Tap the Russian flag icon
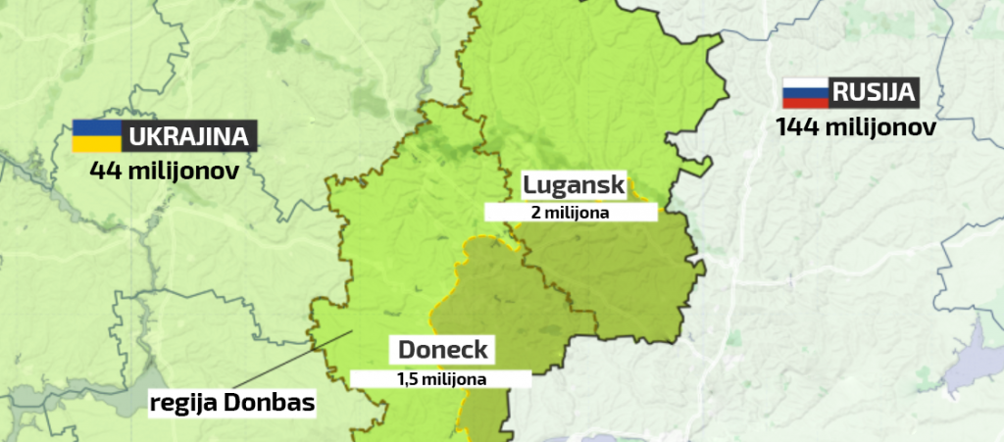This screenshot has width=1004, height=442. [805, 94]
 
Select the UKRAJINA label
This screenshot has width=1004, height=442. [187, 135]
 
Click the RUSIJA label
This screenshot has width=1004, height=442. [874, 94]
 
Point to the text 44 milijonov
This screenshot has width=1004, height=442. [165, 170]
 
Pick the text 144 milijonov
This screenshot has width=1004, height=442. [856, 127]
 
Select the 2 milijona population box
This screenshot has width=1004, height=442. [571, 212]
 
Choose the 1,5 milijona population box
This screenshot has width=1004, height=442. [441, 377]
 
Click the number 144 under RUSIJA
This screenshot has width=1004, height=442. [798, 127]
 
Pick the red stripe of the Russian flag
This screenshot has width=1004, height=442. [805, 103]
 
